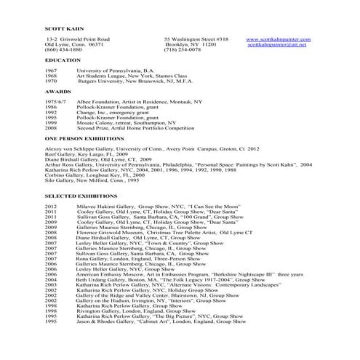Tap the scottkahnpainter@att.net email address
[277, 44]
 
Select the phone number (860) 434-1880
[63, 50]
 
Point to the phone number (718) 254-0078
[183, 50]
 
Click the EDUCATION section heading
[63, 60]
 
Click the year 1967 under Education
[51, 71]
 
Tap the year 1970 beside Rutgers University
[51, 81]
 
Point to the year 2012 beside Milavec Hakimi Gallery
[51, 207]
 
